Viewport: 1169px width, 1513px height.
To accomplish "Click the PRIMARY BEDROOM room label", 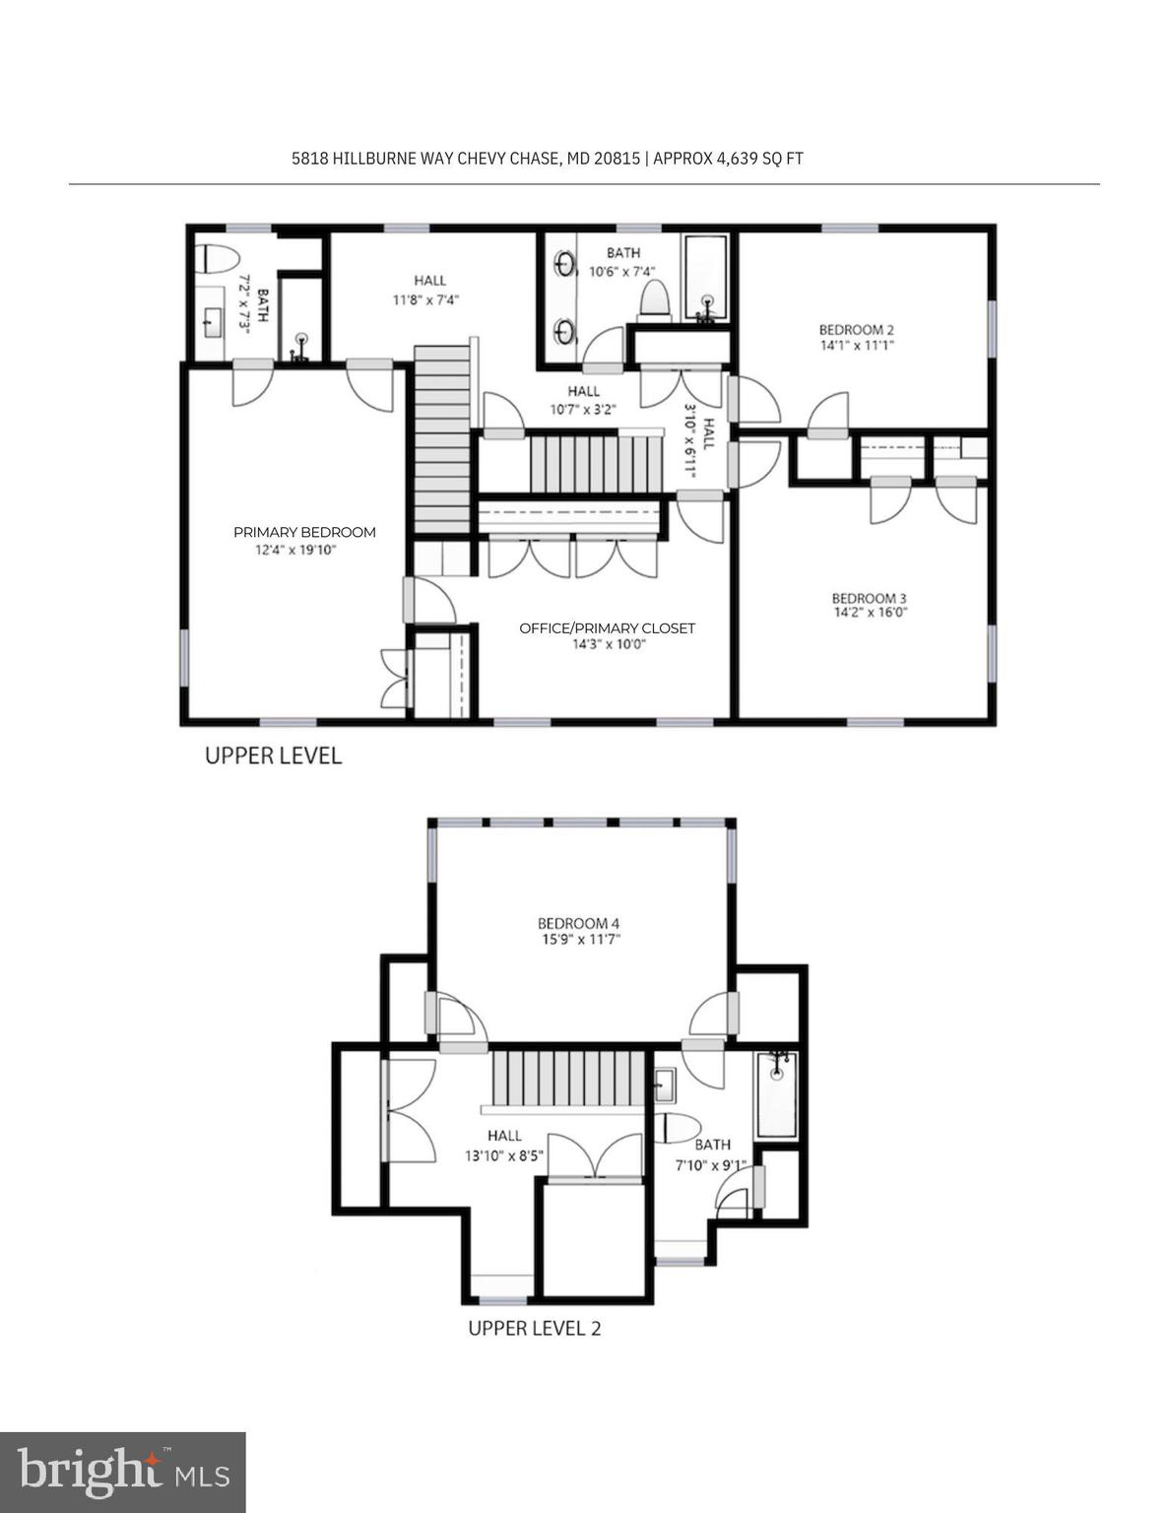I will point(304,532).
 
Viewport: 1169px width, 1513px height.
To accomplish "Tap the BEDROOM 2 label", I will point(856,330).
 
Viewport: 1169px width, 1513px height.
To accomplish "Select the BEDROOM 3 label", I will point(869,598).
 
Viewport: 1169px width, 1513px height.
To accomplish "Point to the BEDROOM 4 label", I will point(578,923).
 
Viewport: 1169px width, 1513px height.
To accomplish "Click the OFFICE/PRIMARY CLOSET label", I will point(607,628).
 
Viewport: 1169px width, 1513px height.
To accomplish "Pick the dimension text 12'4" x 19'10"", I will point(295,550).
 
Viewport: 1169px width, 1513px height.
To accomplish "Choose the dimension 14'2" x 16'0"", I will point(870,613).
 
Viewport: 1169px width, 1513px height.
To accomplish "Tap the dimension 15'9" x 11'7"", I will point(581,940).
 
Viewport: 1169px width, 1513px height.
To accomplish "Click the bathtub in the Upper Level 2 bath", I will point(777,1095).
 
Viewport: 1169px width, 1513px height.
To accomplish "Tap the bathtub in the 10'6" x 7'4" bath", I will point(706,279).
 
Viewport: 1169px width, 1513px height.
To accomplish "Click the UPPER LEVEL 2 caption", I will point(534,1328).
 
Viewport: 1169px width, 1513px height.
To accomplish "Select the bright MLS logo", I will point(123,1473).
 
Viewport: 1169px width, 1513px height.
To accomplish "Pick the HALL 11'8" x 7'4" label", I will point(428,290).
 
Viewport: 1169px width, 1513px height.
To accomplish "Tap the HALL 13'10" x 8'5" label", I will point(504,1146).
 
